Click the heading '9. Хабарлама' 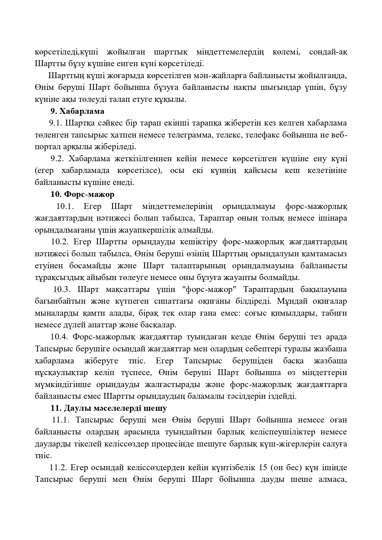pos(77,111)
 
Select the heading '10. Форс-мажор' pos(82,194)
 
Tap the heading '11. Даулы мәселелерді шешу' pos(109,408)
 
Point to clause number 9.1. pos(55,123)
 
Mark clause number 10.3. pos(62,290)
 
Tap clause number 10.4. pos(59,337)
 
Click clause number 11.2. pos(58,468)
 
